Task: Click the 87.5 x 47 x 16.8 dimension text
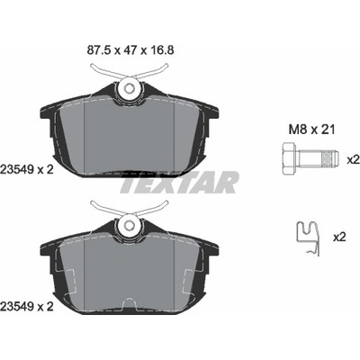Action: [130, 50]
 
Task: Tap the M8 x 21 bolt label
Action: [311, 130]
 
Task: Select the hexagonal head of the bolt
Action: [289, 157]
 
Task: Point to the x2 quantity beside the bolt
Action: [353, 160]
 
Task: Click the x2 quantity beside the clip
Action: [339, 238]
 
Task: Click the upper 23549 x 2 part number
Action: [27, 170]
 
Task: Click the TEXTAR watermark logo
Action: [179, 182]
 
